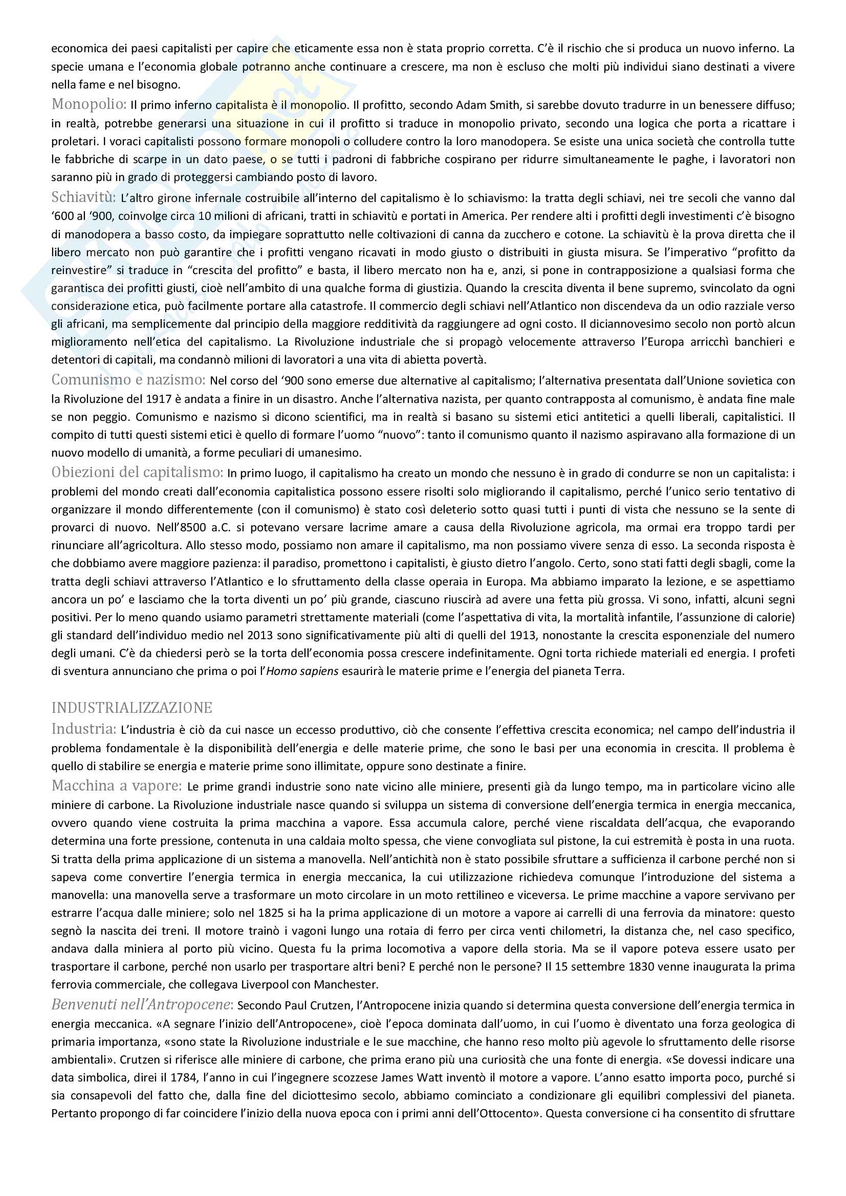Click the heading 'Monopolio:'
89,104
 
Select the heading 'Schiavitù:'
83,197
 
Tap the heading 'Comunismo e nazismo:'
128,380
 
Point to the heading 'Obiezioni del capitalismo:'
138,472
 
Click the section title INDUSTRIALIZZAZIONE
132,708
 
